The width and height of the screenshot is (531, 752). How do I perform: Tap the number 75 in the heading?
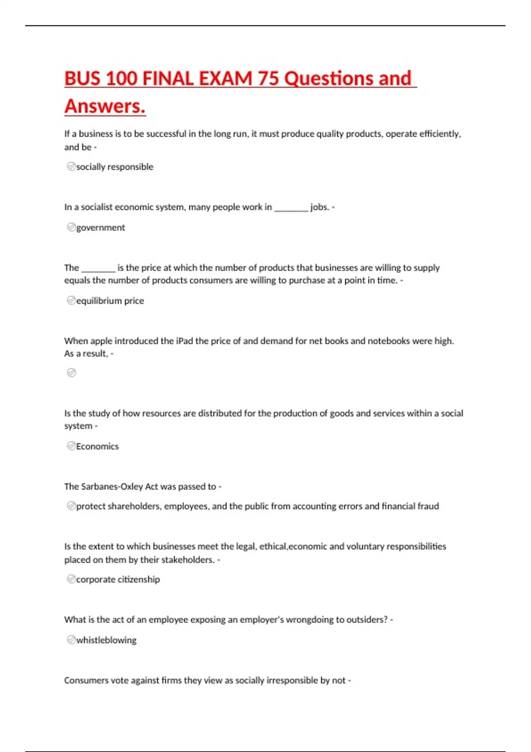(268, 79)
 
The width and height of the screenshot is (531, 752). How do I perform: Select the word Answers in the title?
(104, 107)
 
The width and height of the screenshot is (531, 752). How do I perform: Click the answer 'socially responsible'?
(115, 167)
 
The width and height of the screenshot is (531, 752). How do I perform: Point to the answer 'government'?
(100, 227)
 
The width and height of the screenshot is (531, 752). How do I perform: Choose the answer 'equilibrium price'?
(110, 301)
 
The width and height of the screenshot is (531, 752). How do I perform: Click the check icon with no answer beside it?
(71, 373)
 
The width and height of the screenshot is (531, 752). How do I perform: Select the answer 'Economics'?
(97, 446)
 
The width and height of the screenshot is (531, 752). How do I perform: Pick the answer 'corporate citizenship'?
(118, 579)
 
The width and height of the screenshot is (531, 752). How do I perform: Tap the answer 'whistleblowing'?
(106, 640)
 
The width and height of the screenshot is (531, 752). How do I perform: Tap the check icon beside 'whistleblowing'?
(71, 640)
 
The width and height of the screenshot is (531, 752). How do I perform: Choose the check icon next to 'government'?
(71, 227)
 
